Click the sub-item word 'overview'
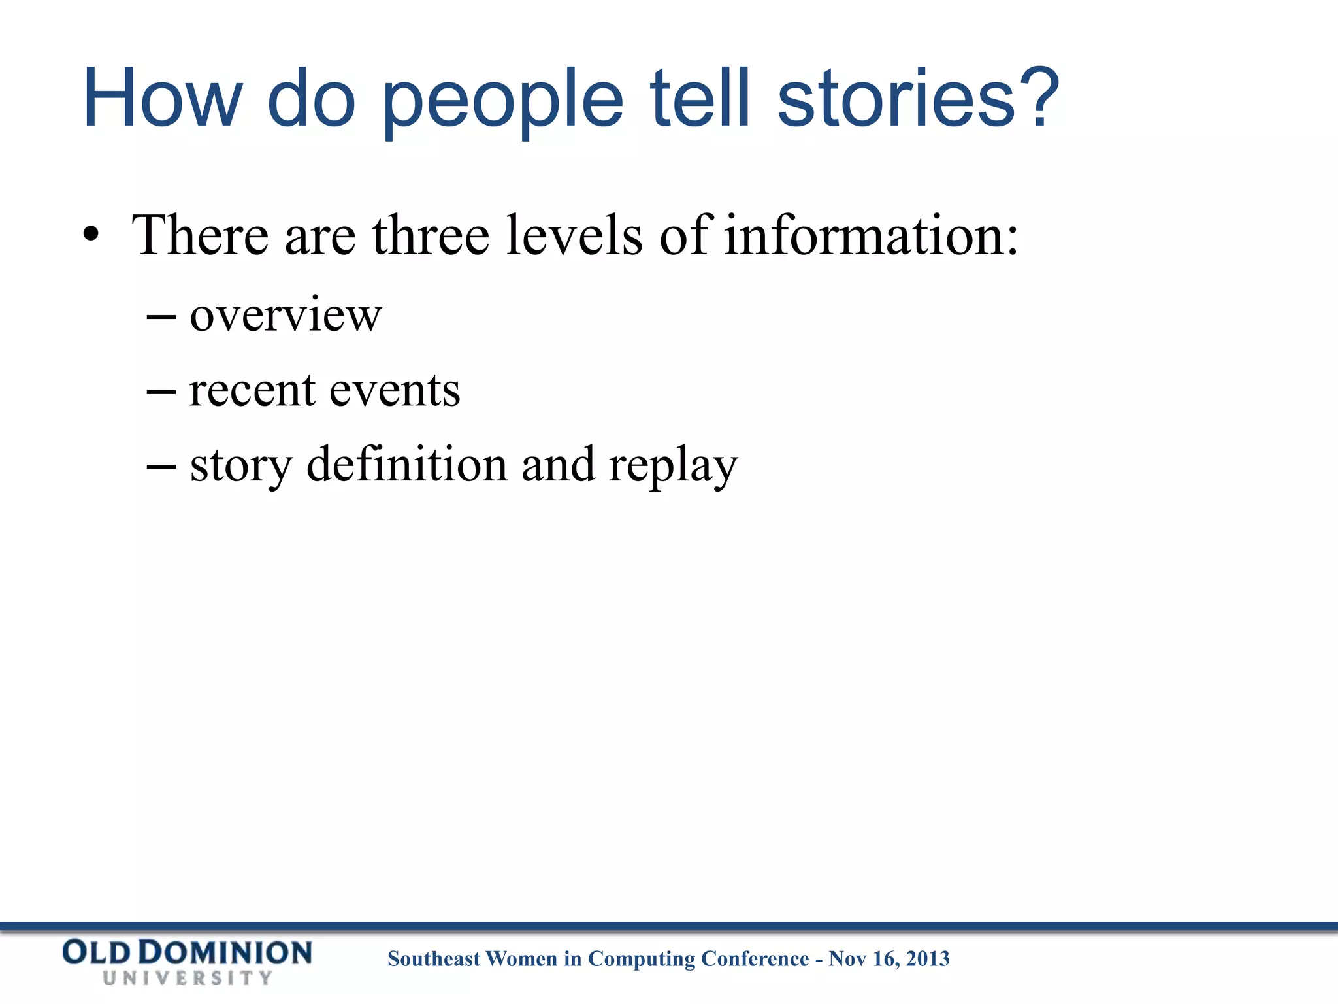click(x=286, y=315)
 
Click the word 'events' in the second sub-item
click(x=395, y=390)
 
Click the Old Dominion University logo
click(x=188, y=961)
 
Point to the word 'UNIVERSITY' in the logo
click(x=188, y=978)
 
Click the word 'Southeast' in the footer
click(x=434, y=959)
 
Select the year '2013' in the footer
click(x=928, y=959)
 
